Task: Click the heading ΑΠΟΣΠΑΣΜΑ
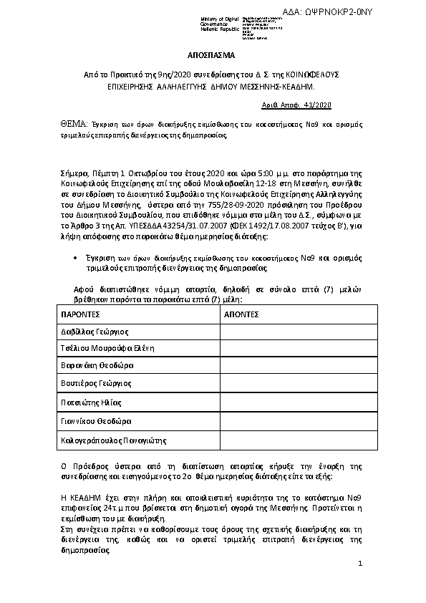(212, 55)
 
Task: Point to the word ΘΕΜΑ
(72, 124)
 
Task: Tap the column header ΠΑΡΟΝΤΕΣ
(80, 314)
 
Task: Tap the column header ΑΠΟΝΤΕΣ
(242, 314)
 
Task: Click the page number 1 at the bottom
(360, 565)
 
